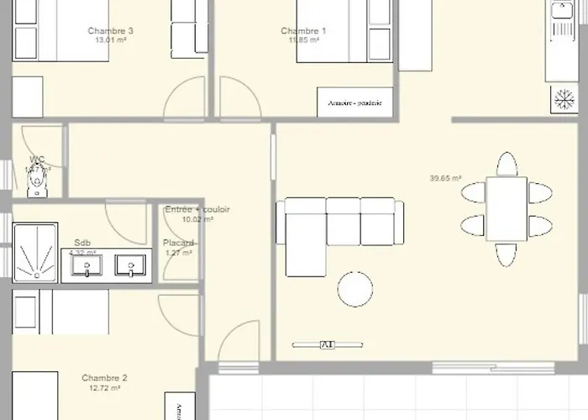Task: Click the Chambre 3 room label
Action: [x=115, y=31]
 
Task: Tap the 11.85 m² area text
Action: [x=303, y=39]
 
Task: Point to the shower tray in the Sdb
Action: [x=35, y=250]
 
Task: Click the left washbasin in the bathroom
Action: [x=87, y=265]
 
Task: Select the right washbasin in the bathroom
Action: [x=130, y=265]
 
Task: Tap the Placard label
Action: [x=178, y=243]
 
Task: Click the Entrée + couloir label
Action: [x=197, y=209]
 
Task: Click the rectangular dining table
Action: [x=507, y=208]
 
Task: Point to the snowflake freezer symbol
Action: [x=559, y=97]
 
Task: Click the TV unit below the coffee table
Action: [x=325, y=344]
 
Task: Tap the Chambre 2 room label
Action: [x=104, y=378]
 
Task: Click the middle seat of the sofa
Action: [x=343, y=221]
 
